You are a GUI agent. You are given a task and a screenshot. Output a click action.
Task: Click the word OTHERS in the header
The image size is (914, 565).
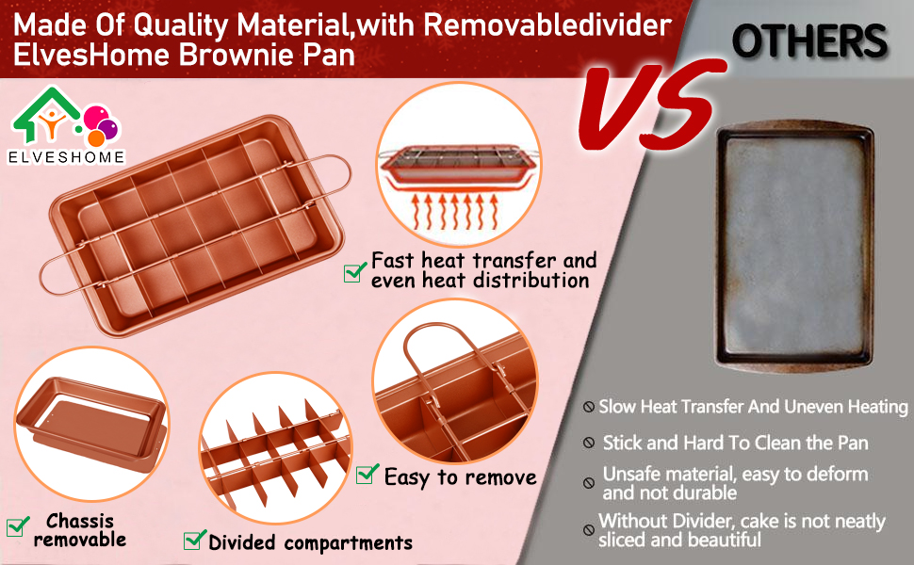tap(809, 41)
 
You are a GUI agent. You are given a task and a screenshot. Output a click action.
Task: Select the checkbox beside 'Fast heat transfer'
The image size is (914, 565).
tap(354, 271)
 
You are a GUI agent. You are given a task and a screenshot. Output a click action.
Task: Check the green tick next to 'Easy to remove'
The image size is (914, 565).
tap(367, 475)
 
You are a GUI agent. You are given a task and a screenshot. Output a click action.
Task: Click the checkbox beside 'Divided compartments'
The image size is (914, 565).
tap(195, 540)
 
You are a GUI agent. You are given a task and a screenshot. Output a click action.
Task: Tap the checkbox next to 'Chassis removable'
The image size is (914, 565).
tap(17, 526)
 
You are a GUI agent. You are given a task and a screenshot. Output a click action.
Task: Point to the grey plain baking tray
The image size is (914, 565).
tap(797, 245)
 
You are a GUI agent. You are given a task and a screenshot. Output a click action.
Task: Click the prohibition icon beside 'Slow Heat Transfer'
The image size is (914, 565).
tap(589, 409)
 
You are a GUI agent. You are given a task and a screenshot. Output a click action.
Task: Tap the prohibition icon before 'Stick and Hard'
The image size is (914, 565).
tap(589, 443)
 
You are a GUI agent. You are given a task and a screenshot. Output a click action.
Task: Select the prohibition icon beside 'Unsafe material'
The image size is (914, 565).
tap(589, 483)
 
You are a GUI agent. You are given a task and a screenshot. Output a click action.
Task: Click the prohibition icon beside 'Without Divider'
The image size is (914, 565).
tap(589, 529)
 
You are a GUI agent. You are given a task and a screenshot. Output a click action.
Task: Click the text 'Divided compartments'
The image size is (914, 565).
tap(310, 543)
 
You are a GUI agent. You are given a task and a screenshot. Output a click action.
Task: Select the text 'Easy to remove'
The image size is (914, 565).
tap(460, 477)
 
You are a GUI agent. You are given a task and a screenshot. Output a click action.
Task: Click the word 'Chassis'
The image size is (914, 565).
tap(80, 521)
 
